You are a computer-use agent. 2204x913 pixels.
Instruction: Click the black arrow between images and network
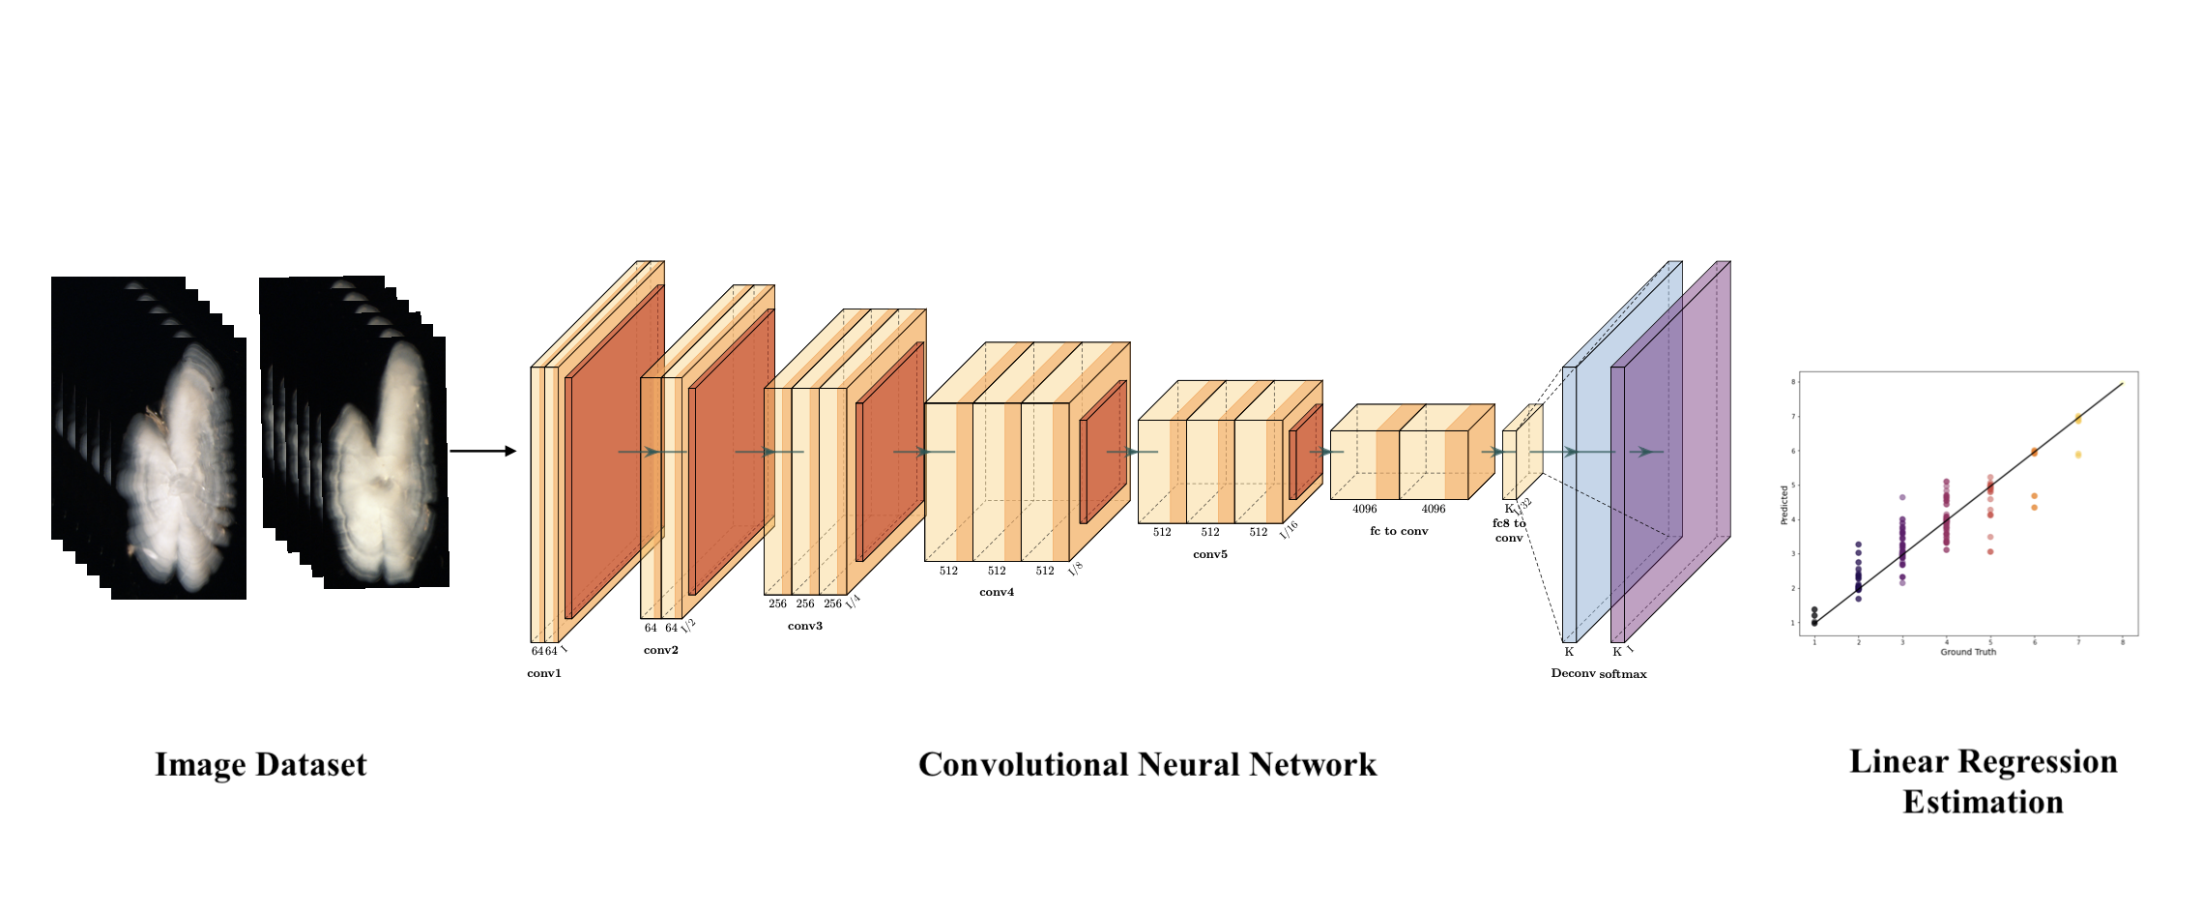click(x=482, y=451)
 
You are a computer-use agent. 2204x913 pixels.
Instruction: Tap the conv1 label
click(x=544, y=673)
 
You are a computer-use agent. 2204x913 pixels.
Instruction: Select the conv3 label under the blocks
click(x=804, y=626)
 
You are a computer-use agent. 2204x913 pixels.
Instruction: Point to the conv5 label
click(x=1209, y=554)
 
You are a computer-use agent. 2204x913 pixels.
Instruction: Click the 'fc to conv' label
click(x=1398, y=531)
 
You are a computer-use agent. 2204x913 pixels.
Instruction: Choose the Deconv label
click(x=1573, y=673)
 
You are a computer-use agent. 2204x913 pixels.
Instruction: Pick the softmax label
click(x=1623, y=674)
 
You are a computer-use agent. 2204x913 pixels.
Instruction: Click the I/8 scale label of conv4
click(x=1075, y=570)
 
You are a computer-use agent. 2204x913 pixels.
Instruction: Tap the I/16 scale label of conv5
click(x=1289, y=529)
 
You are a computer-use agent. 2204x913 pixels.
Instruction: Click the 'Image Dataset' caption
click(x=261, y=764)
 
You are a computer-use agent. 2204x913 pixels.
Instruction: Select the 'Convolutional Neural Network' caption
click(x=1146, y=764)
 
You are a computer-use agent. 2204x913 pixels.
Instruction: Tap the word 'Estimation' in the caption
click(x=1983, y=802)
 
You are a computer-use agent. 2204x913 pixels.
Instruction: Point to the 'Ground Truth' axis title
click(x=1968, y=652)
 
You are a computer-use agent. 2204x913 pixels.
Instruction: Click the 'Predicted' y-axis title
click(x=1784, y=505)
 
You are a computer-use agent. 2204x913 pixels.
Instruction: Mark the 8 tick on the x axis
click(x=2123, y=642)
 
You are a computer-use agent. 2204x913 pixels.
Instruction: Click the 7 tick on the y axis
click(x=1794, y=417)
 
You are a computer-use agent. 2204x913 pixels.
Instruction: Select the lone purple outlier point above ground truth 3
click(x=1902, y=497)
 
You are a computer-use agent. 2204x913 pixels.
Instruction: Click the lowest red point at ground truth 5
click(x=1990, y=551)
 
